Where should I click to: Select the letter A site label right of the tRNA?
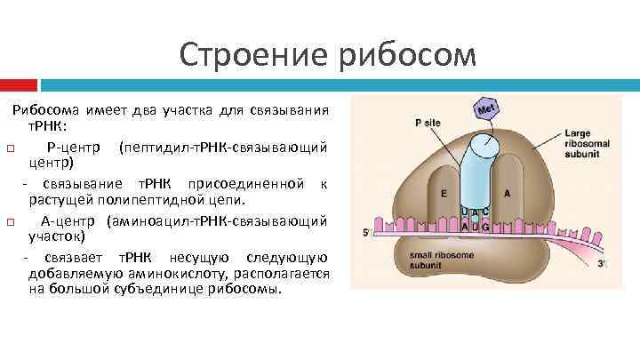pos(507,193)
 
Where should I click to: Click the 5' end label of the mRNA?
pos(366,233)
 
